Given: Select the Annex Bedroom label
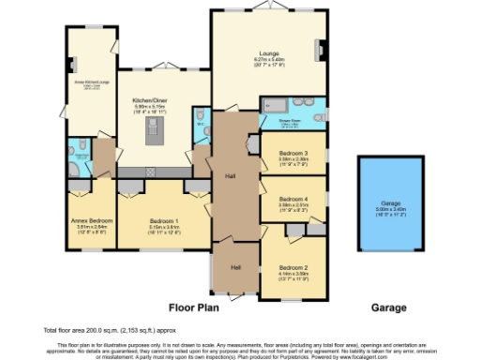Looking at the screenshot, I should coord(90,222).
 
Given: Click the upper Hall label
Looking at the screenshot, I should coord(229,175).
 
